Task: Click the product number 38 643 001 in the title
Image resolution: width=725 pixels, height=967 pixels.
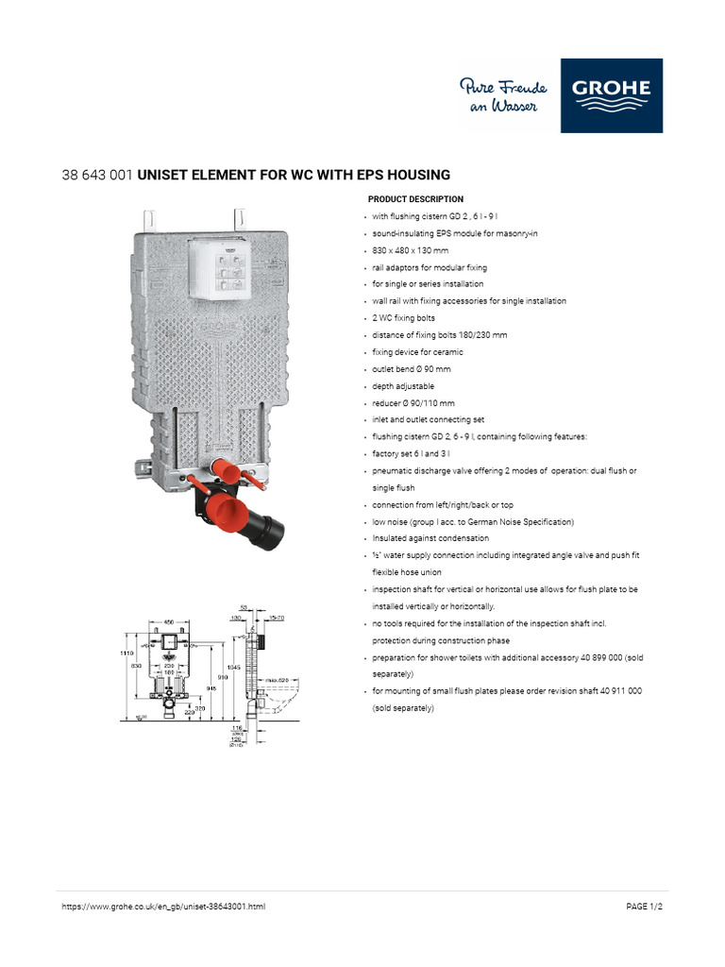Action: [x=97, y=175]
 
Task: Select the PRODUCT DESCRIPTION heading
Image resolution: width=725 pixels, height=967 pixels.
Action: [x=415, y=199]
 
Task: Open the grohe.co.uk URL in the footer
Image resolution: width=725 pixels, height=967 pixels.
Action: [x=163, y=907]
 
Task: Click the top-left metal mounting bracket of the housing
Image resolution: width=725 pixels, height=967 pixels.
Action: [x=149, y=219]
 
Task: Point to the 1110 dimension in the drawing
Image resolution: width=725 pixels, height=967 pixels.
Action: [x=127, y=653]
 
